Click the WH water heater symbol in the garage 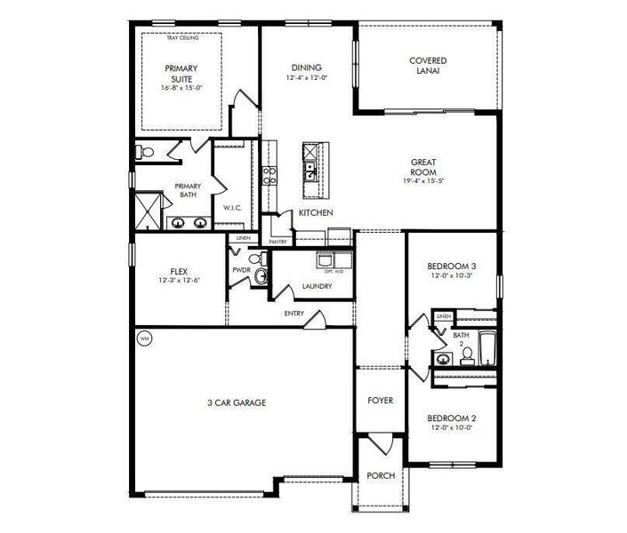[144, 338]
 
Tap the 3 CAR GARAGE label [237, 402]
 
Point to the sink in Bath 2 [442, 359]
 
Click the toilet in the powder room [261, 278]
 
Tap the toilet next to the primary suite [147, 154]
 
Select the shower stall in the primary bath [145, 212]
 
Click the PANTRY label [277, 241]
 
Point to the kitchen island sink [309, 166]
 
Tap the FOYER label [381, 401]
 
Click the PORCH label [381, 476]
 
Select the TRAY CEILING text [182, 38]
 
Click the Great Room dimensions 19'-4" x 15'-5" [422, 180]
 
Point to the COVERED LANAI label [428, 66]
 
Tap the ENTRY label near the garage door [294, 314]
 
